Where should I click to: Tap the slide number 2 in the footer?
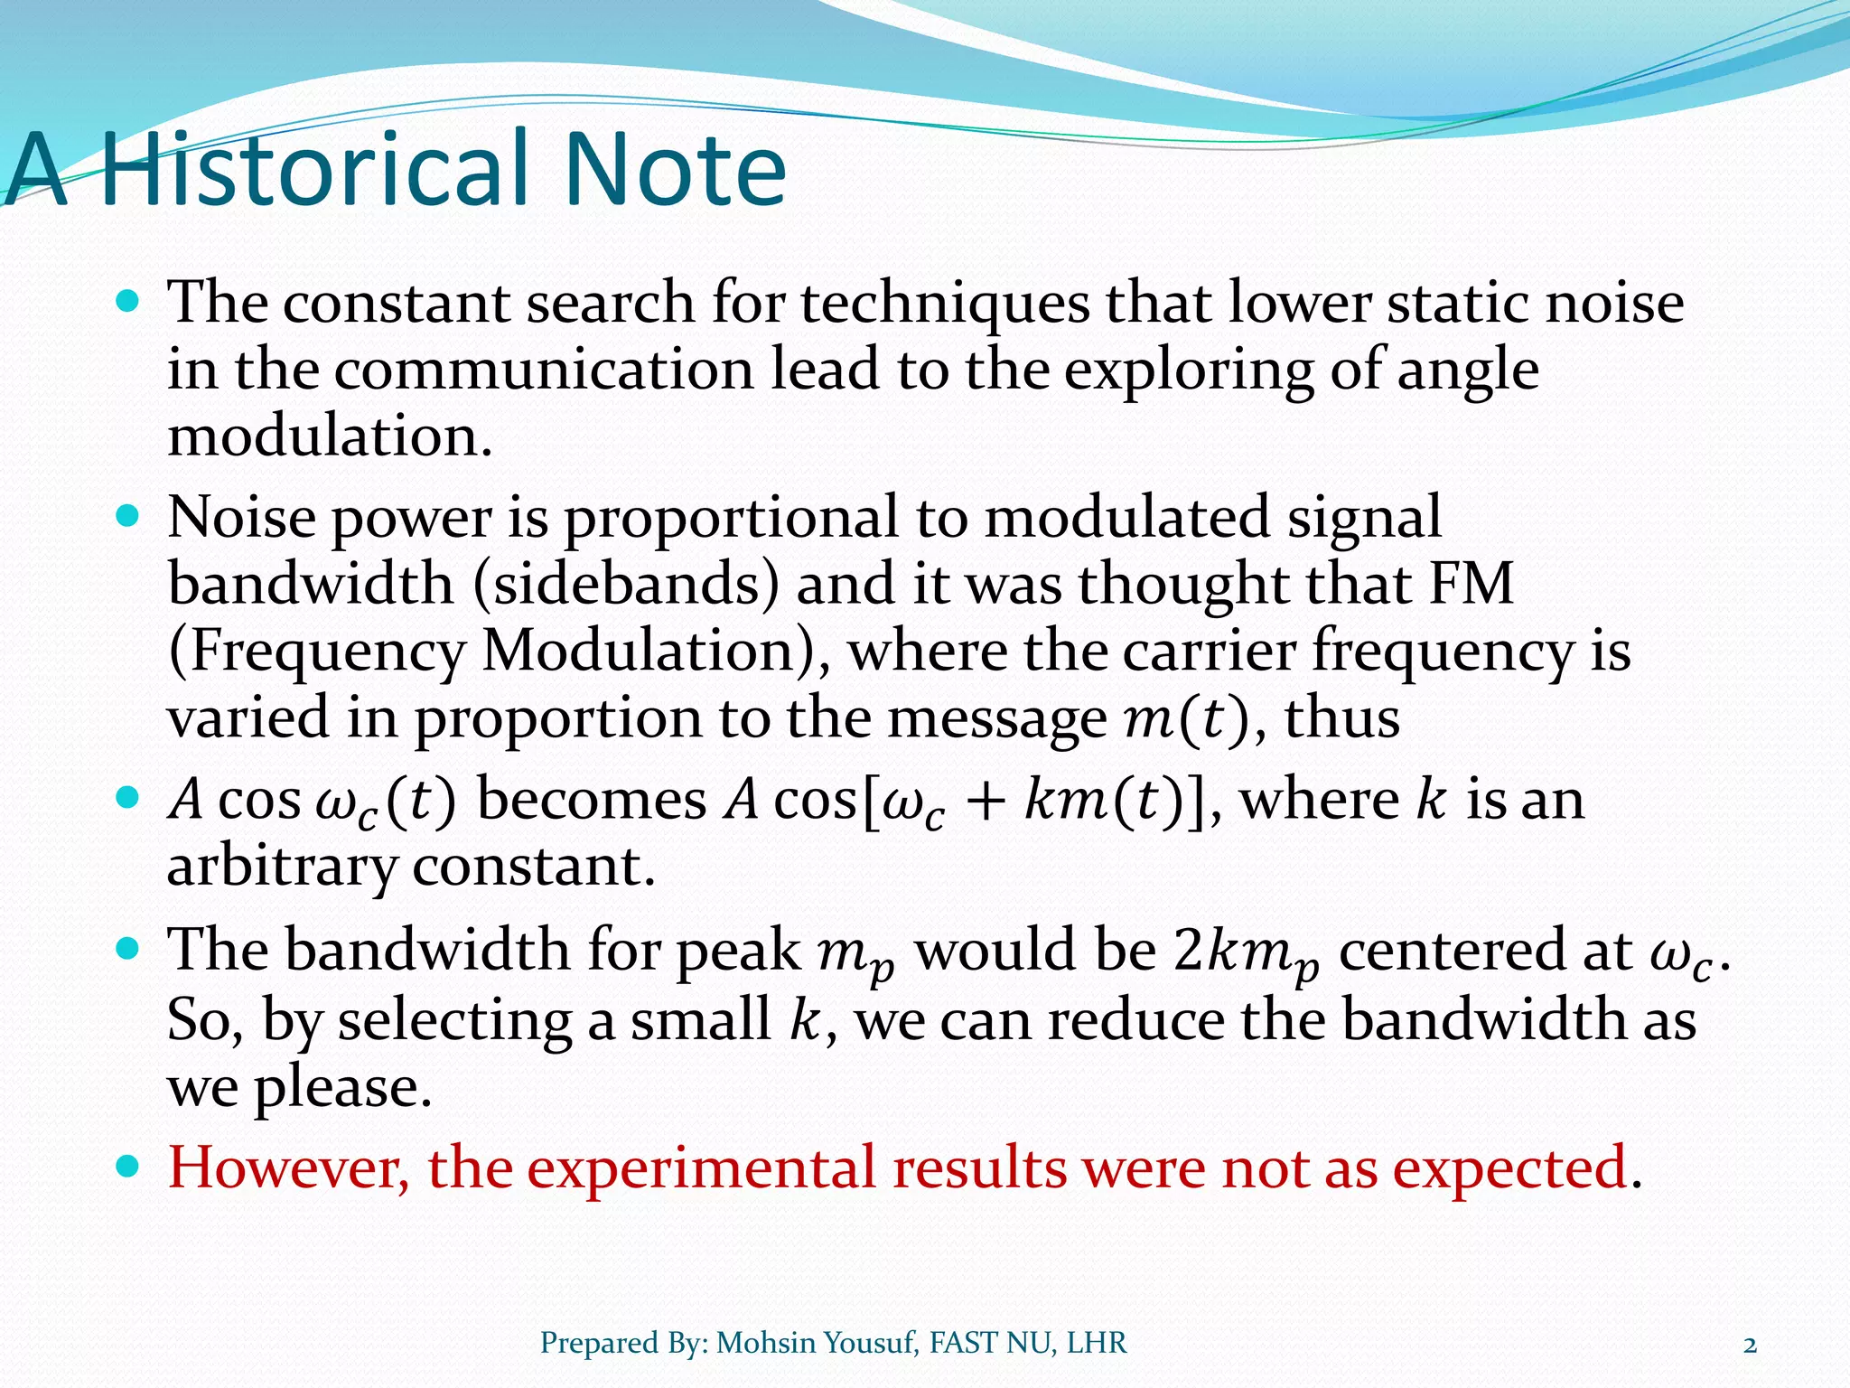point(1750,1345)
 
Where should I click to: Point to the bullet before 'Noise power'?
point(128,517)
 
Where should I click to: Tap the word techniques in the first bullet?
point(945,304)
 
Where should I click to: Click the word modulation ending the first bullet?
point(330,437)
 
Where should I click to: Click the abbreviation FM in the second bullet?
point(1471,584)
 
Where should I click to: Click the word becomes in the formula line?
point(592,801)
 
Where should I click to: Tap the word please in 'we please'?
point(342,1088)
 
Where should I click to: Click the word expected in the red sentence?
point(1509,1169)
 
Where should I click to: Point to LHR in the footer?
point(1097,1344)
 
